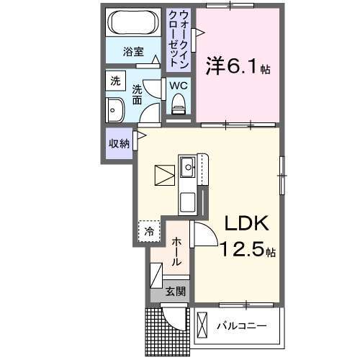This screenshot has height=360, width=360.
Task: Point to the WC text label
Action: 179,85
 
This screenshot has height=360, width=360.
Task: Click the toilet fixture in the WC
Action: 179,105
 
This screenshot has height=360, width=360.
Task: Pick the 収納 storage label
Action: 119,143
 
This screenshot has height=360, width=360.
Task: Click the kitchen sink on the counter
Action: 188,168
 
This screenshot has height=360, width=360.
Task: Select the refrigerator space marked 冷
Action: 149,232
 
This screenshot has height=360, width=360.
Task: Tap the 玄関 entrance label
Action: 175,292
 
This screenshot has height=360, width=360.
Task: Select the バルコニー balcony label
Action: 242,326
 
